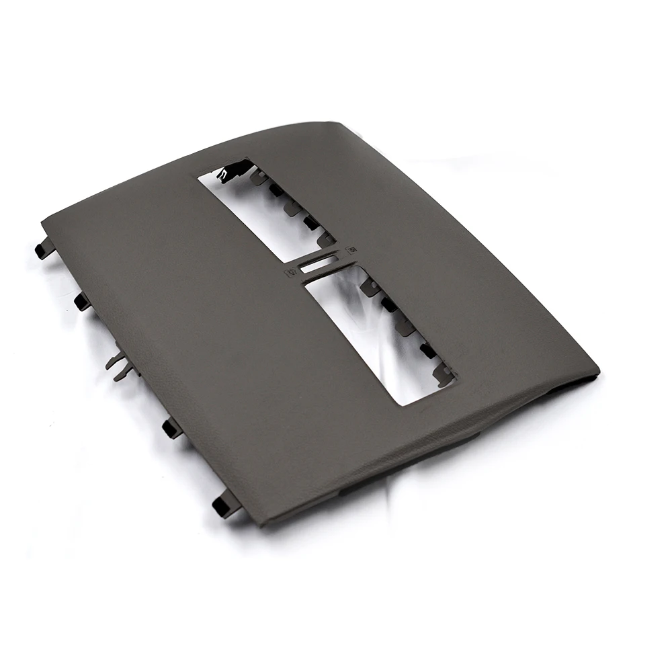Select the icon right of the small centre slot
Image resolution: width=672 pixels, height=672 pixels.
(x=350, y=251)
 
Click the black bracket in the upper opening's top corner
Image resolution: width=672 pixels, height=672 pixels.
(x=233, y=172)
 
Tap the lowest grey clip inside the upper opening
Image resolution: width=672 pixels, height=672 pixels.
(x=327, y=238)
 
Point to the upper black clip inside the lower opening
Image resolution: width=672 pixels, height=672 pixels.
(x=389, y=304)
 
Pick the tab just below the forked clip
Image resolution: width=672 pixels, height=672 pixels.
(x=172, y=427)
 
